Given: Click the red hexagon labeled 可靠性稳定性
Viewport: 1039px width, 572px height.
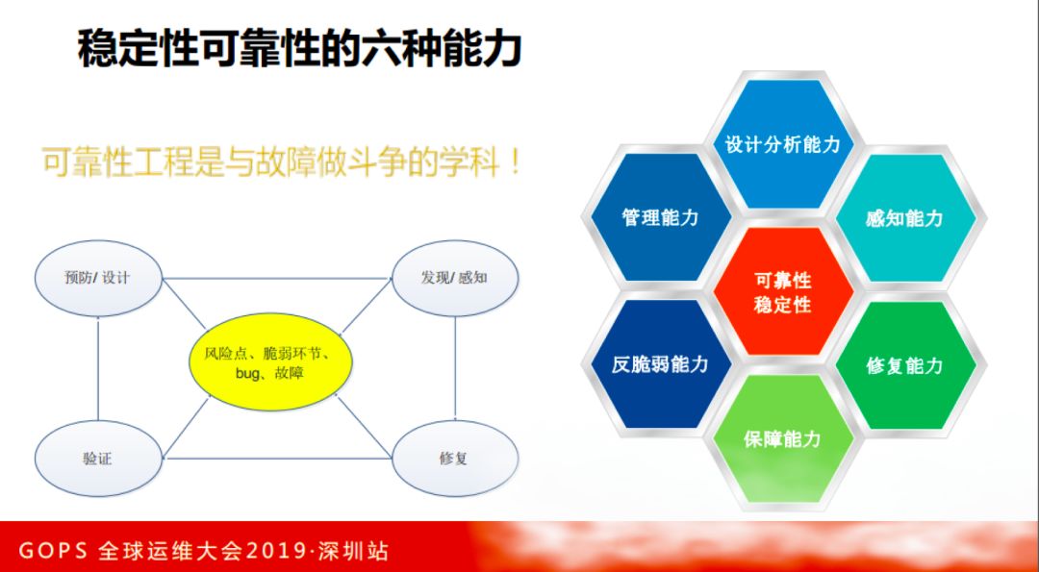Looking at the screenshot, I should [782, 292].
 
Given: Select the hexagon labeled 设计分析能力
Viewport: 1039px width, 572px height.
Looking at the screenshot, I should [782, 144].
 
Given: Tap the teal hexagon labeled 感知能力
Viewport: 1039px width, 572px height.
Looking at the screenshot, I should [904, 218].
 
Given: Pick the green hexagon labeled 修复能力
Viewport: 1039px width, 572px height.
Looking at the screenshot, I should [904, 365].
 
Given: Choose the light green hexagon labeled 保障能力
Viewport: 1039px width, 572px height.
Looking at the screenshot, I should [782, 439].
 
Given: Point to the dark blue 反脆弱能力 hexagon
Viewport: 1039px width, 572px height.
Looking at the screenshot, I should [660, 365].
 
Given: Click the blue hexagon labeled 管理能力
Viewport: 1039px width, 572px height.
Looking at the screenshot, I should [660, 218].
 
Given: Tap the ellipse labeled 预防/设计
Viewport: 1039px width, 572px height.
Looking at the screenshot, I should [97, 279].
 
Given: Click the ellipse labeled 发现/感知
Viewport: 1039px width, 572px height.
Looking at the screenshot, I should [454, 279].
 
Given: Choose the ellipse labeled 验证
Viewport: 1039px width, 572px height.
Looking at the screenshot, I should [97, 459].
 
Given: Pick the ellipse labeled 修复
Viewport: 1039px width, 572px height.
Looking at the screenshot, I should [454, 459].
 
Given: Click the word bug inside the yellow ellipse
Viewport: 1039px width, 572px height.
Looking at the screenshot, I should [249, 372].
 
